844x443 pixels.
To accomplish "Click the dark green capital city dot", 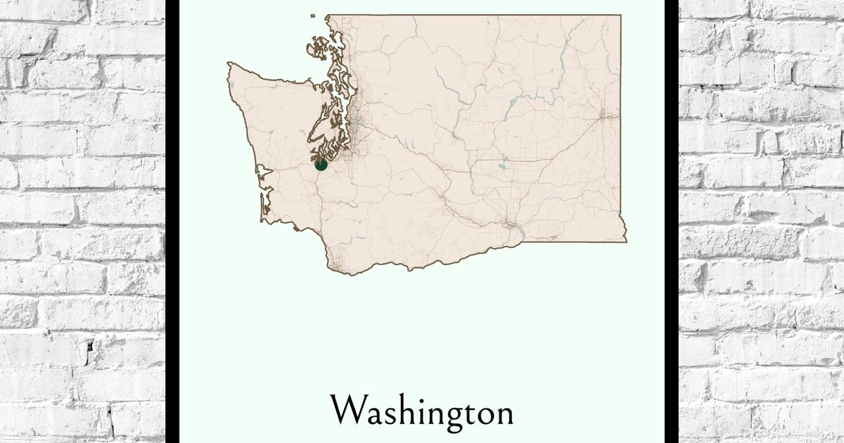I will (x=321, y=165).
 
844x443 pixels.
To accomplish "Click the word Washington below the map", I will (x=422, y=411).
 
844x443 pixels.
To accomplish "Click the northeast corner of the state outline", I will (x=620, y=15).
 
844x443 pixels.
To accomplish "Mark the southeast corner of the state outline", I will (x=625, y=240).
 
